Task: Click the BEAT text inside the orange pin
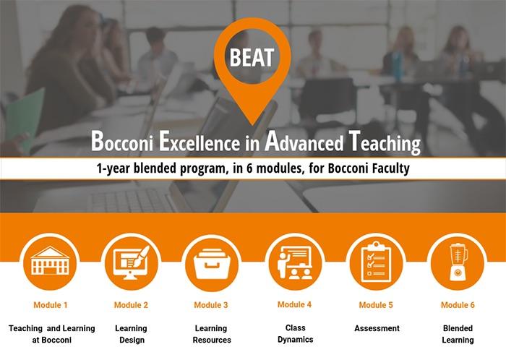coord(252,57)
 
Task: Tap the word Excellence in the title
coord(199,141)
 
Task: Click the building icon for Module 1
coord(50,261)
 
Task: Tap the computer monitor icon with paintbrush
coord(131,262)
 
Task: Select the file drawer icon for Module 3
coord(212,264)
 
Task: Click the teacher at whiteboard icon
coord(295,262)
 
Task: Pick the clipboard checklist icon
coord(376,262)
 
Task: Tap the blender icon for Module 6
coord(458,262)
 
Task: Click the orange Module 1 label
coord(51,305)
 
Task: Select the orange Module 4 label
coord(294,304)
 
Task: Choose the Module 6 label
coord(458,305)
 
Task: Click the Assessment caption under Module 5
coord(377,328)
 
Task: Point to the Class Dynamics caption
coord(295,333)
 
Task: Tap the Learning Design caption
coord(131,334)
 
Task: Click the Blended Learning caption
coord(458,334)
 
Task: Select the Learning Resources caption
coord(212,334)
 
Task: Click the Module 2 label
coord(131,305)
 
